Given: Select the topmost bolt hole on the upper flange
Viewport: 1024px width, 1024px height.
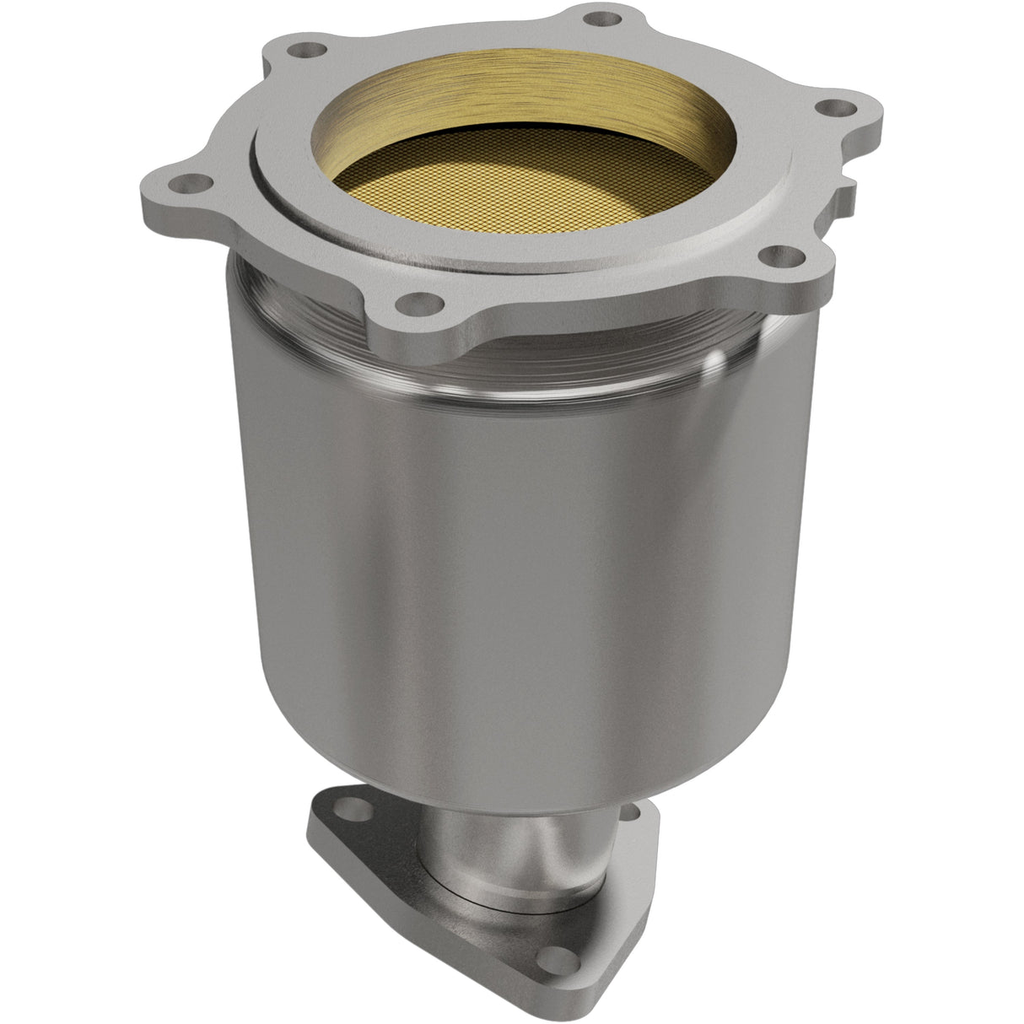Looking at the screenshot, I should pos(598,17).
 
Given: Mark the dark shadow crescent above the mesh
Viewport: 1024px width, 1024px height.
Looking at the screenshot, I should pos(506,127).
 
